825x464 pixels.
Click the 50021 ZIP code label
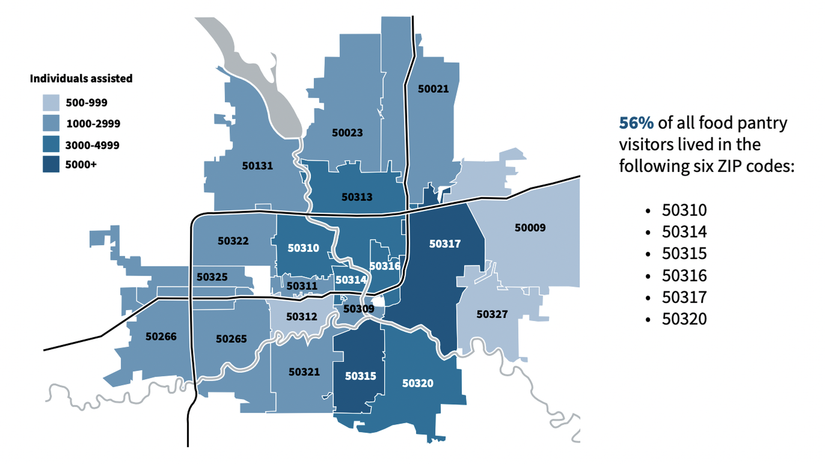point(433,89)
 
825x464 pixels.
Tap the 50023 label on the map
point(347,133)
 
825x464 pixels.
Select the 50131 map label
point(257,166)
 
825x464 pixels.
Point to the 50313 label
point(357,197)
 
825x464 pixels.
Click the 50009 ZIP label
point(530,228)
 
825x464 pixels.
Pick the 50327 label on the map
point(492,314)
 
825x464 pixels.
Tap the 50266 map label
point(161,336)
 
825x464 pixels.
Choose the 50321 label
point(304,372)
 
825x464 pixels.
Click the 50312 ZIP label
point(302,317)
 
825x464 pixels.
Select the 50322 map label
point(233,241)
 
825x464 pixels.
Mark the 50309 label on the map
point(358,309)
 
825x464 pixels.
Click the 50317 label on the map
point(445,244)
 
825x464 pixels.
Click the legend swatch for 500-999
point(51,103)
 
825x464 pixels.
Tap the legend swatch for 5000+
point(51,165)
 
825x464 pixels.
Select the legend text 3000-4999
point(92,145)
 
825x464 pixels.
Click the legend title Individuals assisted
point(81,79)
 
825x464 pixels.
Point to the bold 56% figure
point(636,123)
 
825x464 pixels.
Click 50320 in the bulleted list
point(684,319)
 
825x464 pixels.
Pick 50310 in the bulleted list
point(684,211)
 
